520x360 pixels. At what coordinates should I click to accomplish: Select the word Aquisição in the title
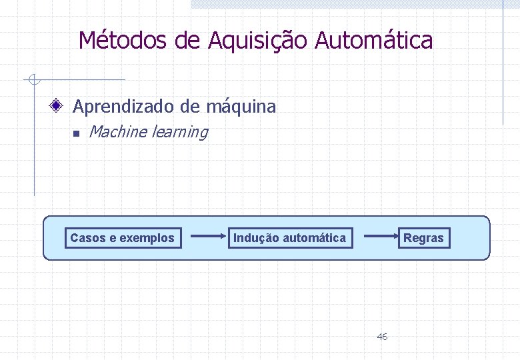tap(258, 41)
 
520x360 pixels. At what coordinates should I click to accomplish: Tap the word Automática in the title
tap(374, 41)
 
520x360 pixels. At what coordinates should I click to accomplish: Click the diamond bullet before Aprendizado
tap(59, 106)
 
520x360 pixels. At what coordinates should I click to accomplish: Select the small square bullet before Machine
tap(76, 134)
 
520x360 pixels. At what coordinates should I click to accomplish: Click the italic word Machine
tap(117, 132)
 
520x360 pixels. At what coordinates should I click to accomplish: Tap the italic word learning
tap(180, 132)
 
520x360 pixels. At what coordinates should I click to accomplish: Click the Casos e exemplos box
tap(123, 238)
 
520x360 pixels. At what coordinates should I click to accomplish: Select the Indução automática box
tap(289, 238)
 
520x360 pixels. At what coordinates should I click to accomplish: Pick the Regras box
tap(423, 238)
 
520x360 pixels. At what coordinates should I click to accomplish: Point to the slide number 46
tap(382, 337)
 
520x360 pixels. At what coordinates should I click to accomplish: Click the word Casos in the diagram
tap(84, 238)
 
